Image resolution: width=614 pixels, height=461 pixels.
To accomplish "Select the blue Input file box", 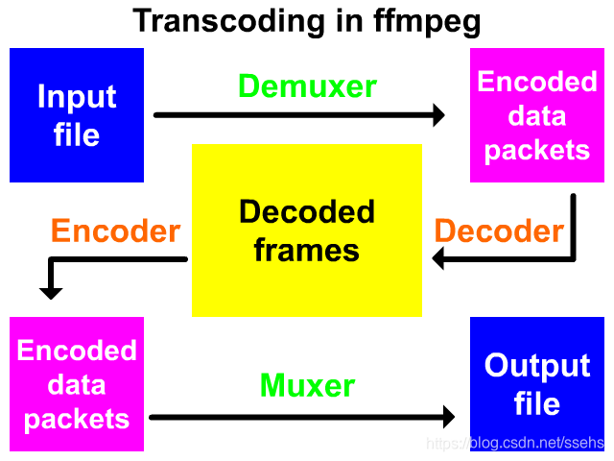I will (77, 115).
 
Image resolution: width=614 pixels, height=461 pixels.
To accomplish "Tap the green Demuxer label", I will (307, 86).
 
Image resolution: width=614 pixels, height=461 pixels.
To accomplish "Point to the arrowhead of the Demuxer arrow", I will (438, 115).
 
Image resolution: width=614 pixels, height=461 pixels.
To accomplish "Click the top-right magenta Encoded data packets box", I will (537, 115).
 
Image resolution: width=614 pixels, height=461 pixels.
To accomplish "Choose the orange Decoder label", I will (499, 231).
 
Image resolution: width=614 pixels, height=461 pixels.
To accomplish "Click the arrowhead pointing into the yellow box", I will (439, 258).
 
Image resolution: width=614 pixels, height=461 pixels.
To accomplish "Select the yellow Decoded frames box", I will (307, 230).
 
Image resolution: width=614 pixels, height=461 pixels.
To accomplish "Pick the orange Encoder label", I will (115, 231).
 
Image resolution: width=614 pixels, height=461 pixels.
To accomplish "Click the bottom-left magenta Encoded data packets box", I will (77, 384).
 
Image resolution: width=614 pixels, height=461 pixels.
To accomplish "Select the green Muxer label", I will (307, 387).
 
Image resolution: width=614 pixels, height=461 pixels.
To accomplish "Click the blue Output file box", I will (537, 384).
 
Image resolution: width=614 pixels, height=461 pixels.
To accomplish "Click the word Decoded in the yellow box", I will (307, 212).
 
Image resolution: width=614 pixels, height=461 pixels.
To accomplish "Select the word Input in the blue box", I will (77, 97).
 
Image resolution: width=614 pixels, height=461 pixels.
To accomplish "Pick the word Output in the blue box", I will (537, 366).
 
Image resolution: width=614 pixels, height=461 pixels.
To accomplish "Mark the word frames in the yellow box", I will (307, 250).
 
